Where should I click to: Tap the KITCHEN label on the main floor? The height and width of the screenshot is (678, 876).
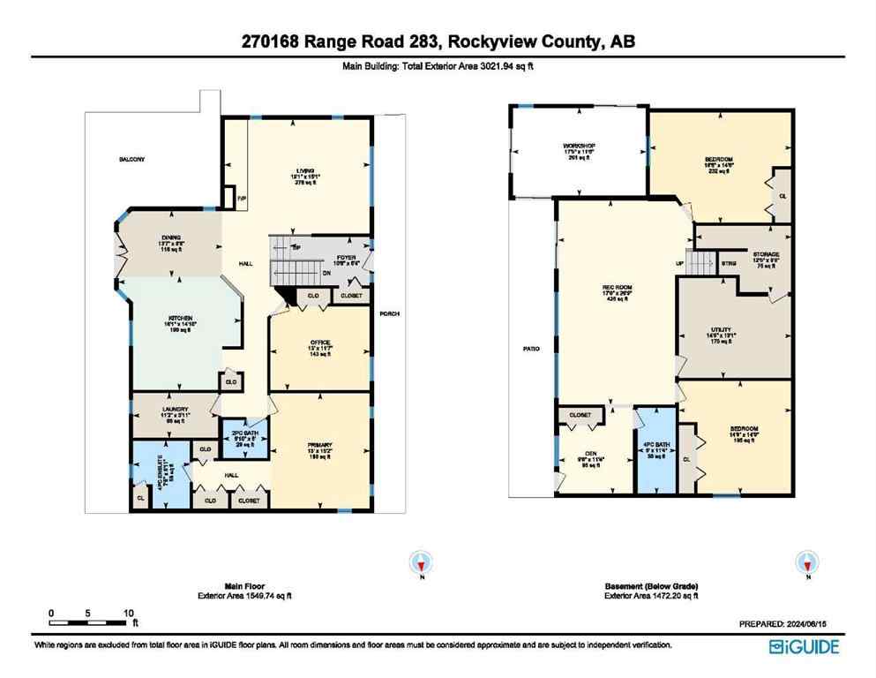pos(181,319)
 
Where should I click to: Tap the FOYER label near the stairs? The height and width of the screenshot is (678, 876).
pos(321,258)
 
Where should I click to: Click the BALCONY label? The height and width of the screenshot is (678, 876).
pos(132,160)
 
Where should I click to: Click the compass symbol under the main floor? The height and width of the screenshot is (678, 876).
pos(423,562)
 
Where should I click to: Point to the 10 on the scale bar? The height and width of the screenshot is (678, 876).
pos(129,612)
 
